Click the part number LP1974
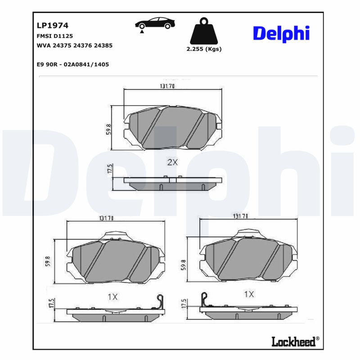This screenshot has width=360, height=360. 52,26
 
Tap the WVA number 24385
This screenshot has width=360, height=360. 103,45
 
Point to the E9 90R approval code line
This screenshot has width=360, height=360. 73,64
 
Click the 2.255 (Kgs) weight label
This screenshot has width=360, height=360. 204,49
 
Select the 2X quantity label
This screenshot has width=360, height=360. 172,162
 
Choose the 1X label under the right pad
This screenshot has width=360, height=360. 248,294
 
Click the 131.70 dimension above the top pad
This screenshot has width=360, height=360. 167,86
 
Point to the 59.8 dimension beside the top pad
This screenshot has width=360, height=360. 108,129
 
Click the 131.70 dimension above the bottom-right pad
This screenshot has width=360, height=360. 241,216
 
